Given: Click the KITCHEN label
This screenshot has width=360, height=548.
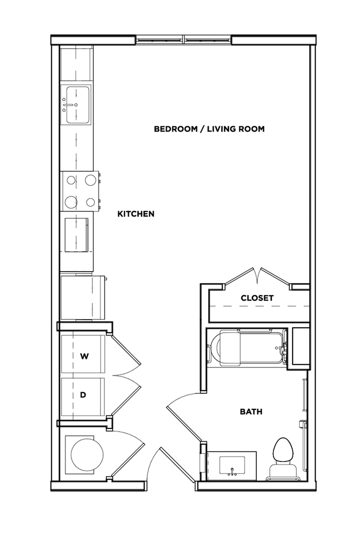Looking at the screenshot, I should coord(136,214).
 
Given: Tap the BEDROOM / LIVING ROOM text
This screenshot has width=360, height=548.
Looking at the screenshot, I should coord(209,129).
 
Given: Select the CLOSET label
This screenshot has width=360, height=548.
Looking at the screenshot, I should coord(257,298).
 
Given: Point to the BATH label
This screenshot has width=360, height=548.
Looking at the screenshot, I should coord(251,412).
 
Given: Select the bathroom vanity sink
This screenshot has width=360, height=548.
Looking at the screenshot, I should coord(232,465).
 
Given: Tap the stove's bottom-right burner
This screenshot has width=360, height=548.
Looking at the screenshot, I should coord(90,202).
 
